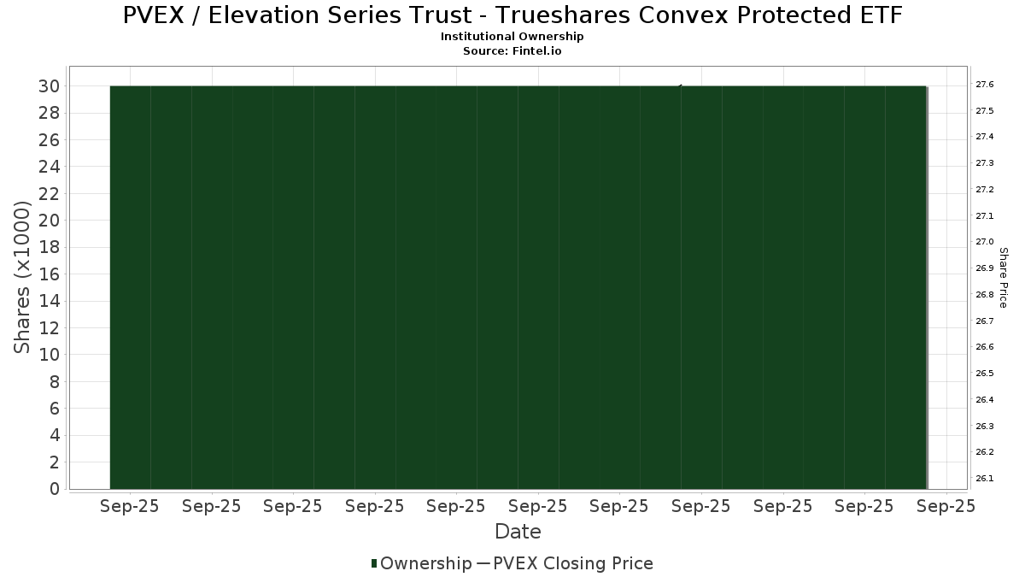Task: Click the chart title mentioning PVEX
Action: coord(512,15)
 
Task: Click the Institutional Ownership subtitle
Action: coord(512,37)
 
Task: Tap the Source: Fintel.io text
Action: coord(512,50)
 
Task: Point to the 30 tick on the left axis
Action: coord(49,86)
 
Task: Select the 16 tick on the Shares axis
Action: coord(49,274)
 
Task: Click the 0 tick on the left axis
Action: coord(55,489)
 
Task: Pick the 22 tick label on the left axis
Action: coord(49,194)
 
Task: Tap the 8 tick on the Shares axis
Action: coord(55,381)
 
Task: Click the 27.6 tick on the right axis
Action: coord(985,85)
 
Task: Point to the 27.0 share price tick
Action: coord(985,242)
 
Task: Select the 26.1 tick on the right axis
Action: coord(985,479)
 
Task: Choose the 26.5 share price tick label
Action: coord(985,374)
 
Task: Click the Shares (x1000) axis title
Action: coord(21,277)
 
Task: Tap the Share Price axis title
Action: coord(1004,278)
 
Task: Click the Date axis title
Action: coord(518,532)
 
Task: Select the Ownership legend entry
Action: coord(421,563)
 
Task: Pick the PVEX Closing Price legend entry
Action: coord(565,563)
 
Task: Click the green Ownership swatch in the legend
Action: coord(374,563)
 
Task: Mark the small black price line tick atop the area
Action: coord(680,85)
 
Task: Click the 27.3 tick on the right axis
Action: coord(985,163)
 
